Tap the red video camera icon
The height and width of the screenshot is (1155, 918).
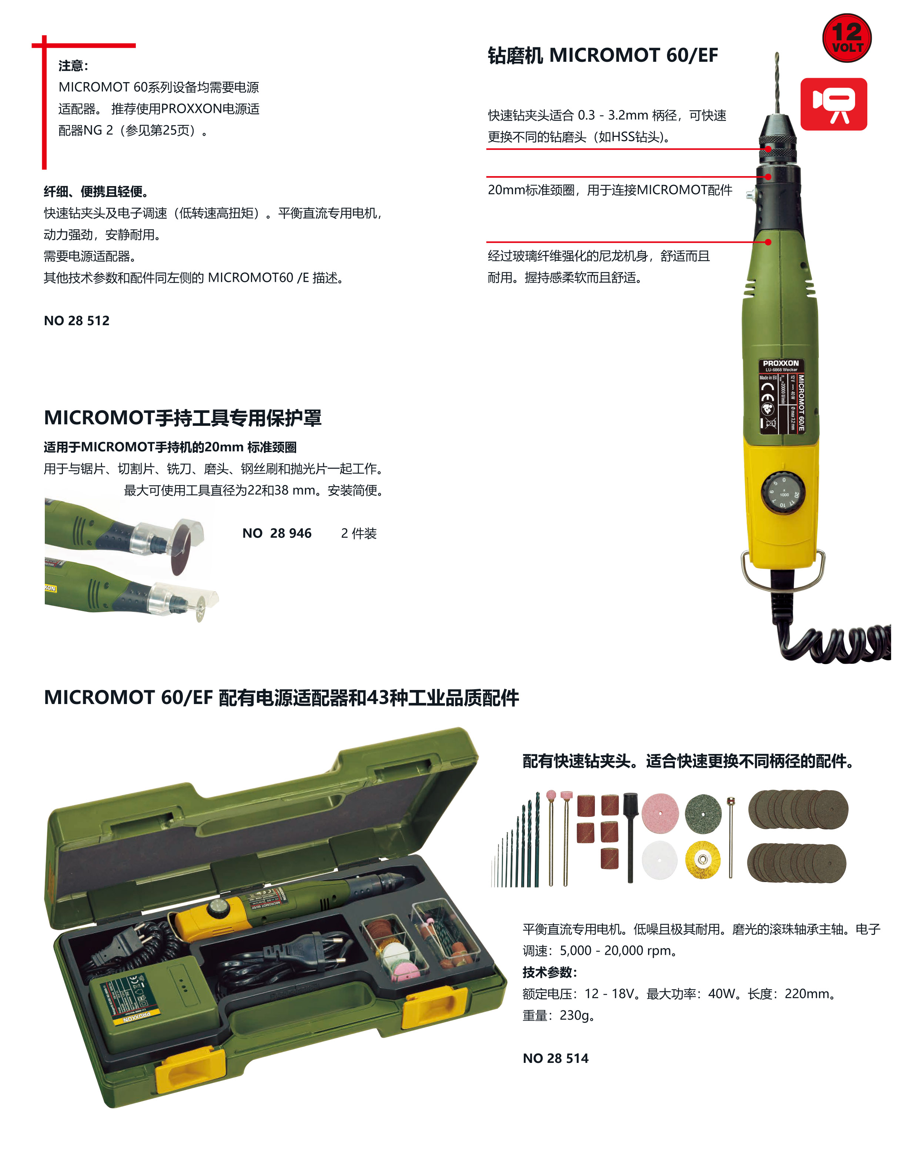pyautogui.click(x=833, y=104)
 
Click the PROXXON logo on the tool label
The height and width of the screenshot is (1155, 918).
pyautogui.click(x=780, y=363)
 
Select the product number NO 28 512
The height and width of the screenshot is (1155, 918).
pyautogui.click(x=77, y=320)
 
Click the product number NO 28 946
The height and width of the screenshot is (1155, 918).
pyautogui.click(x=277, y=533)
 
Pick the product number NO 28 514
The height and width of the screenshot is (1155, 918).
pyautogui.click(x=555, y=1058)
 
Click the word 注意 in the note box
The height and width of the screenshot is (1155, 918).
pyautogui.click(x=72, y=66)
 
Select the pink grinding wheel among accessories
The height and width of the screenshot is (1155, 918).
pyautogui.click(x=660, y=813)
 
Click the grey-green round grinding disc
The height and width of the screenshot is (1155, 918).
pyautogui.click(x=703, y=813)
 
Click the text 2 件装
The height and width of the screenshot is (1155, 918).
pyautogui.click(x=359, y=533)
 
